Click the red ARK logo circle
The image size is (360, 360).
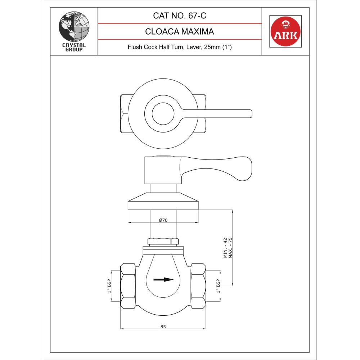tap(285, 31)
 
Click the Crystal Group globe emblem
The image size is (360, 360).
tap(74, 27)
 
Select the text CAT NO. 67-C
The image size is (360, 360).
tap(180, 15)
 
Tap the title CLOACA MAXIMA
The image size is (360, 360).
tap(180, 31)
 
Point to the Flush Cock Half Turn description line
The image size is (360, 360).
tap(180, 47)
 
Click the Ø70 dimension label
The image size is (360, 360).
tap(163, 220)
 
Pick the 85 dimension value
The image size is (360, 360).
tap(163, 327)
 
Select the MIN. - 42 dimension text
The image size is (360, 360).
tap(225, 248)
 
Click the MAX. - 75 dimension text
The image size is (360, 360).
tap(230, 248)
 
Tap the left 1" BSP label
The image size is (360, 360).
tap(109, 286)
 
